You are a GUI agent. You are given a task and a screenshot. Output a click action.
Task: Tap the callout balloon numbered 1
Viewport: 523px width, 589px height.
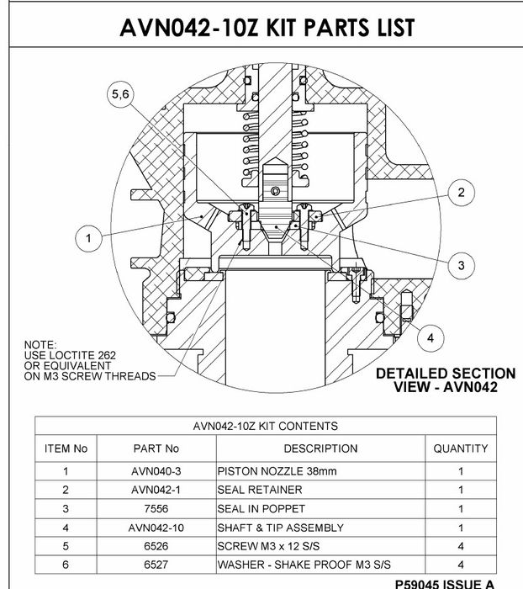click(x=88, y=239)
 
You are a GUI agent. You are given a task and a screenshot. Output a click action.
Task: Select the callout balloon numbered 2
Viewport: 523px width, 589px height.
click(x=461, y=193)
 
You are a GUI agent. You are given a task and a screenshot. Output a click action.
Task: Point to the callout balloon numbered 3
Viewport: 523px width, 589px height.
click(x=461, y=266)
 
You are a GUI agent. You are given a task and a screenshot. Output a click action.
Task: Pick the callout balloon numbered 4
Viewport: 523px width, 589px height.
click(x=430, y=337)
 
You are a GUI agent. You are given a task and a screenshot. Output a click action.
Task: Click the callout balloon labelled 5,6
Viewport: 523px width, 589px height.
click(x=121, y=97)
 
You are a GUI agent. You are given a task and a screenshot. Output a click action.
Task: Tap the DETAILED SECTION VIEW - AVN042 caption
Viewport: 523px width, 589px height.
click(x=446, y=380)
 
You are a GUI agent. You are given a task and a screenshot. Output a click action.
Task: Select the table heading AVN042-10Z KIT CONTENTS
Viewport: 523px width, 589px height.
click(x=266, y=426)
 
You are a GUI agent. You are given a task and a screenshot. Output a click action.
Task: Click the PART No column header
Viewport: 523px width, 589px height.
click(x=156, y=448)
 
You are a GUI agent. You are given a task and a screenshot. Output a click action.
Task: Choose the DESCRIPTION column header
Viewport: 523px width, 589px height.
click(x=320, y=448)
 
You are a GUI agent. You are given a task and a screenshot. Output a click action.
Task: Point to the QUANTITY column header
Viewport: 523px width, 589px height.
click(x=460, y=448)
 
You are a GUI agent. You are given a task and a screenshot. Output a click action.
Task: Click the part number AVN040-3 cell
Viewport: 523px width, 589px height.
click(x=156, y=470)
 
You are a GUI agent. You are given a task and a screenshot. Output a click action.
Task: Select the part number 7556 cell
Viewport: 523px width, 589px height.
click(x=156, y=508)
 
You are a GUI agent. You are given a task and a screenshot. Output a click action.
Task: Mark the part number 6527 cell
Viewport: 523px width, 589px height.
click(x=156, y=565)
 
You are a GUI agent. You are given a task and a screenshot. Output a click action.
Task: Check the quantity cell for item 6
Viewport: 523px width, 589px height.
click(x=460, y=565)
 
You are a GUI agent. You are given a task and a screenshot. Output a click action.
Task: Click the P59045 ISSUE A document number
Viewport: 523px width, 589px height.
click(x=456, y=583)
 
